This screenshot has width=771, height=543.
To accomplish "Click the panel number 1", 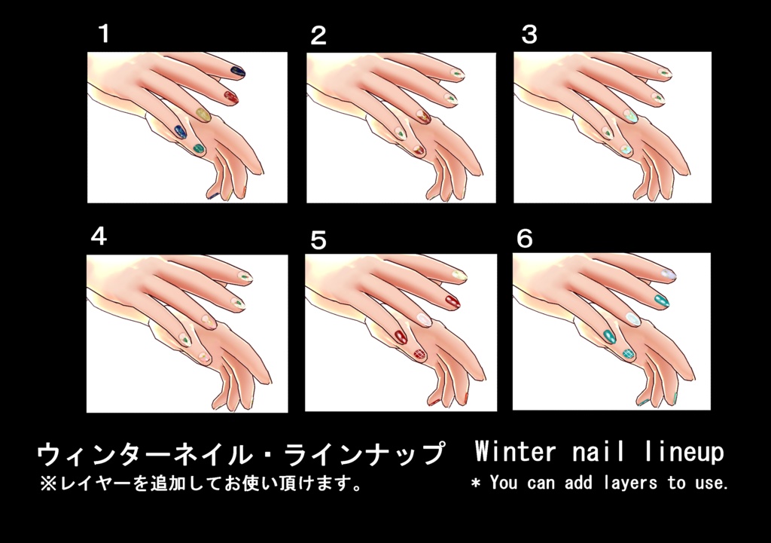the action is coord(104,33).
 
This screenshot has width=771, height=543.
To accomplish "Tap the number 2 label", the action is coord(318,36).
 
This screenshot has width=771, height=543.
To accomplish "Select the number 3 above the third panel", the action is coord(529,35).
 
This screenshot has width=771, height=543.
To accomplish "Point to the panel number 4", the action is coord(99,236).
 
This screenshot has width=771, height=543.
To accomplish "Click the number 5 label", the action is coord(318,240).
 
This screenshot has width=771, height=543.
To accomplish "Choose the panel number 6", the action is coord(525,239).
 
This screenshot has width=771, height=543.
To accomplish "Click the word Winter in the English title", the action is coord(515,451).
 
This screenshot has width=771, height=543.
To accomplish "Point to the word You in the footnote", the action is coord(504,482).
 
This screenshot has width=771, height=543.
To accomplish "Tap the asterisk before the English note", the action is coord(476,483).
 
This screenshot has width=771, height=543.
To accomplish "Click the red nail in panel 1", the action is coord(230,97).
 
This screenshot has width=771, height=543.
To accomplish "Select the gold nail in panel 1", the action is coord(203,115).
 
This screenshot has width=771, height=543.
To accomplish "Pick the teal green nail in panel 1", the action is coord(198,148).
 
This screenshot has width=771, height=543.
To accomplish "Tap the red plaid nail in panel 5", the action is coord(419,354).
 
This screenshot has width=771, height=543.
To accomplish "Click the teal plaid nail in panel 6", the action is coord(629,353).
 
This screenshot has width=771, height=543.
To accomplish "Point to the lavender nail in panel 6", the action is coord(669,274).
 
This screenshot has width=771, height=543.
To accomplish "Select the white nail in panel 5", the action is coord(423,320).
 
